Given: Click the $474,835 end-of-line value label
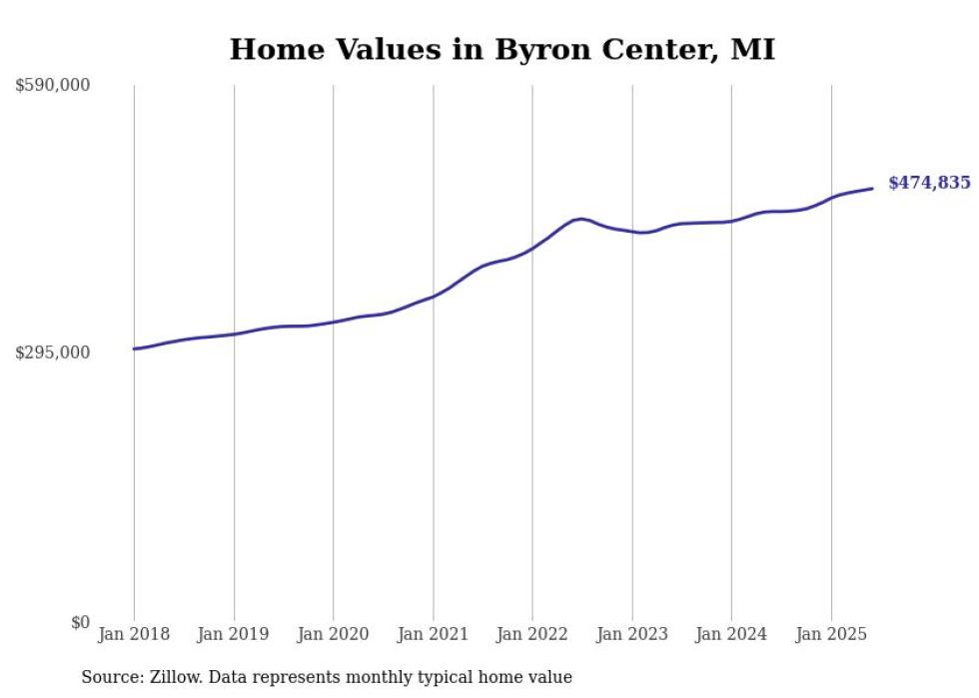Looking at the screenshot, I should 928,183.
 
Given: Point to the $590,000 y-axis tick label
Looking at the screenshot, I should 53,86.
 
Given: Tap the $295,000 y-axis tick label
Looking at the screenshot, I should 53,352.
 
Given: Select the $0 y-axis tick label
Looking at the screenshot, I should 80,622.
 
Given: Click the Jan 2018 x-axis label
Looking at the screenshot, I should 134,634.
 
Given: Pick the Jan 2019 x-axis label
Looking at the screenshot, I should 234,634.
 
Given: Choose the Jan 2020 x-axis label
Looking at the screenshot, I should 333,634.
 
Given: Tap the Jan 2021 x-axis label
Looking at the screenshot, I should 433,634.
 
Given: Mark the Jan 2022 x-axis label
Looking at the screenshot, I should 532,634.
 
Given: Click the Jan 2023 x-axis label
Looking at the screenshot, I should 631,634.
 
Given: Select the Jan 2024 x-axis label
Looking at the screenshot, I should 731,634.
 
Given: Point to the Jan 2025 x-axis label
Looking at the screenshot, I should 830,634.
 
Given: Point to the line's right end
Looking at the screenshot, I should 873,188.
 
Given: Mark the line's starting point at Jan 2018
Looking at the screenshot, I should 134,349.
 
